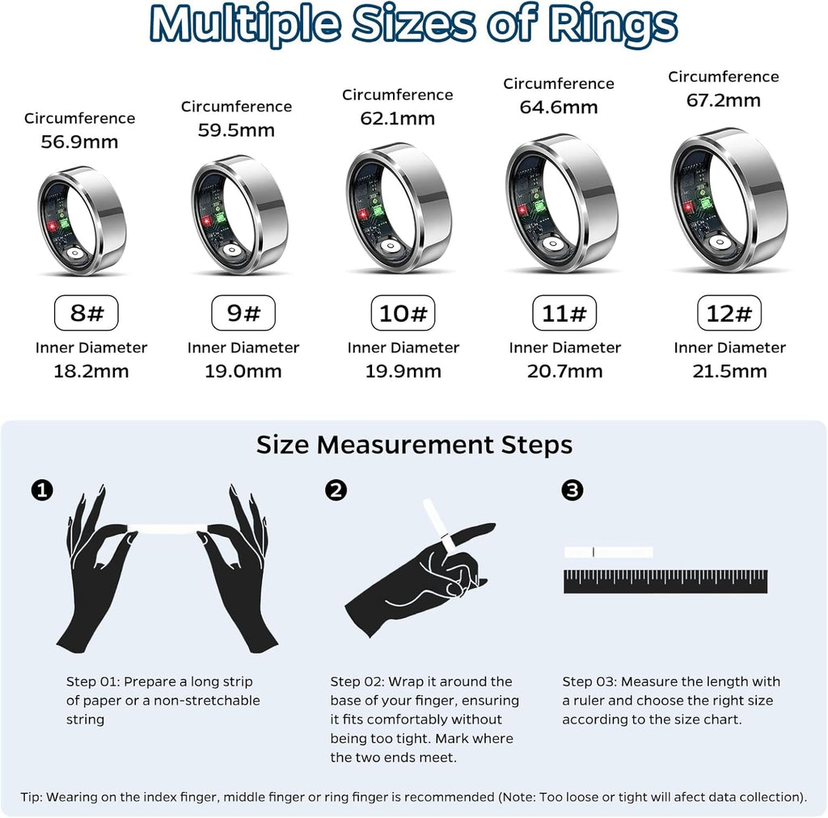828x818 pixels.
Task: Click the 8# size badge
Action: coord(86,313)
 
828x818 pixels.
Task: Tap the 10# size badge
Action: coord(403,313)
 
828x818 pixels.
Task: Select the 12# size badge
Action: coord(729,313)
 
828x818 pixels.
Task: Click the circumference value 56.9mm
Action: coord(79,142)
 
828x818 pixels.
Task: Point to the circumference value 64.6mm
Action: coord(559,107)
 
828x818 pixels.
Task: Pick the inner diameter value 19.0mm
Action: coord(243,372)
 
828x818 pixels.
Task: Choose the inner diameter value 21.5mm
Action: coord(729,372)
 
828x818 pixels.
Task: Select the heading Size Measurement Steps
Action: coord(414,445)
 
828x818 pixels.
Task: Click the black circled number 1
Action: coord(42,490)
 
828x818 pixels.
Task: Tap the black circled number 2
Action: coord(336,490)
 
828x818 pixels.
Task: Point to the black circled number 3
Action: coord(572,490)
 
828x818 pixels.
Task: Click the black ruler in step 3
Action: coord(665,582)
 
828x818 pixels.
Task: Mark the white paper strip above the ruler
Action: coord(608,552)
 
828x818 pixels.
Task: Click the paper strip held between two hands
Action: coord(168,528)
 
